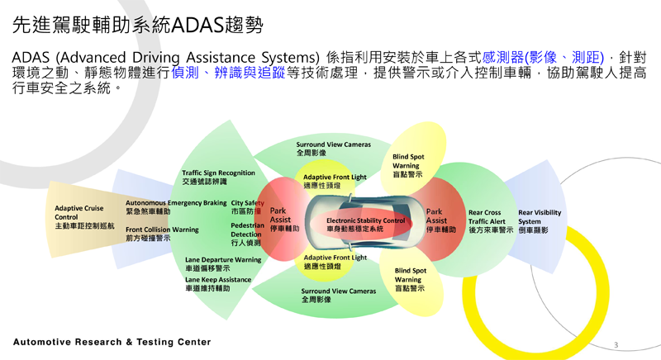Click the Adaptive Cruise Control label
coord(84,217)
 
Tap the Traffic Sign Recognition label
coord(218,178)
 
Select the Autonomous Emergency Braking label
coord(176,207)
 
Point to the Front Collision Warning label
coord(162,234)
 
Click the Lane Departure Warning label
coord(223,264)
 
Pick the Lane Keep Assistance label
coord(218,284)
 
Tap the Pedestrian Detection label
coord(247,234)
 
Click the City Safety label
coord(247,207)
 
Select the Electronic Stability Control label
coord(365,225)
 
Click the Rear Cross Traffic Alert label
coord(491,221)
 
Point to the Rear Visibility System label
coord(540,221)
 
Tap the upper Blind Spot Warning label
coord(408,165)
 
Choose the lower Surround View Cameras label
coord(339,295)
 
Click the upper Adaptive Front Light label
coord(335,181)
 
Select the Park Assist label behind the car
coord(441,220)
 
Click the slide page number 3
coord(616,345)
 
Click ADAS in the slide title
coord(197,25)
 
